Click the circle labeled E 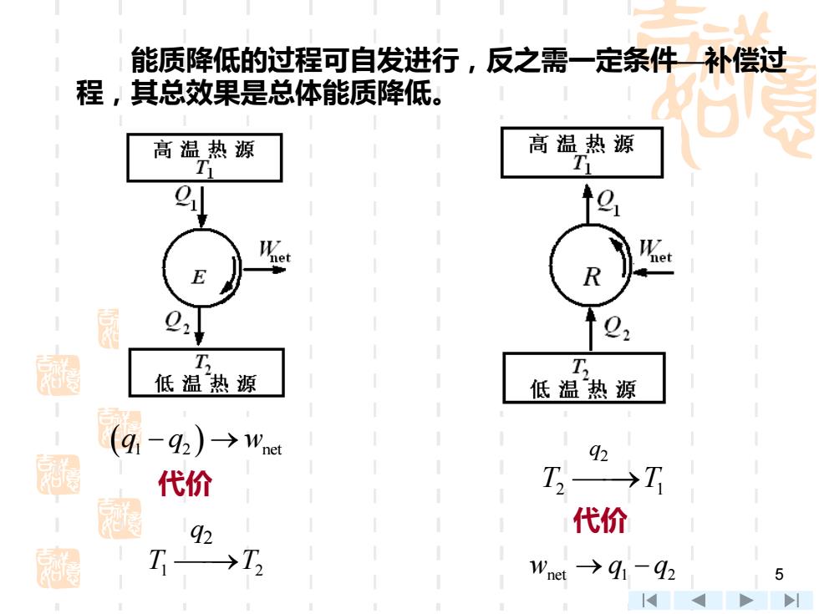[x=164, y=266]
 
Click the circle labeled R [x=551, y=265]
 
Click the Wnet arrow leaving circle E [x=264, y=270]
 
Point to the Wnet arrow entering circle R [x=653, y=272]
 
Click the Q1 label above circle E [x=186, y=198]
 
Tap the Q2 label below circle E [x=177, y=322]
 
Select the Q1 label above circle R [x=608, y=201]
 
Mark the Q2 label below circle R [x=617, y=327]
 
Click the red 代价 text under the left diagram [x=185, y=484]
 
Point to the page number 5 [x=779, y=575]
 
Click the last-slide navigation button [x=791, y=601]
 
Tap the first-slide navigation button [x=649, y=601]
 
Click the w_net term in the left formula [x=262, y=444]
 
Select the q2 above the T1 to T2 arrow [x=201, y=534]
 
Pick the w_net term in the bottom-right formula [x=548, y=569]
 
